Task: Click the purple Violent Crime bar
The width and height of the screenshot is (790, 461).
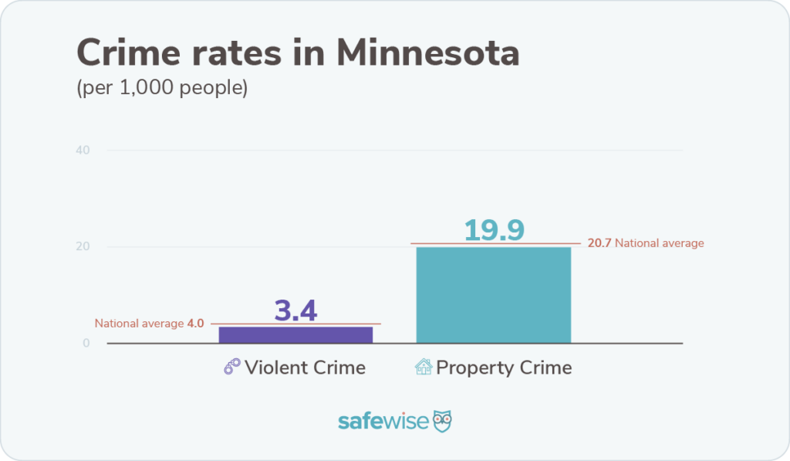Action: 295,334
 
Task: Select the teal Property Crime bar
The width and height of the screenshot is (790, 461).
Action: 493,294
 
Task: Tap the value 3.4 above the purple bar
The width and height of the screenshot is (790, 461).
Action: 295,310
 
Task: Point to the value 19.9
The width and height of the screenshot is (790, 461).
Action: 494,229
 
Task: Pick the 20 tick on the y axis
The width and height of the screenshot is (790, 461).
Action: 83,247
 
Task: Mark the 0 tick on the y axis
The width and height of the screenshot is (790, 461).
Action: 86,344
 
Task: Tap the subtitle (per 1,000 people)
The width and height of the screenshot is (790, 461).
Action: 162,88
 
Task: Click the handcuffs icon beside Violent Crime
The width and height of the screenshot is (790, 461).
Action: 231,368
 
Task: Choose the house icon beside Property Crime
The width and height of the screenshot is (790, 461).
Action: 424,368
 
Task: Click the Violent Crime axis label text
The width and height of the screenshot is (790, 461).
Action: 305,368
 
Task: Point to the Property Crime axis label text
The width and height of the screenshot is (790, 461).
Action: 504,368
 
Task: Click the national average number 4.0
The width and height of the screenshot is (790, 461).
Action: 195,324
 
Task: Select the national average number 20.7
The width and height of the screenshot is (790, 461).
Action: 599,243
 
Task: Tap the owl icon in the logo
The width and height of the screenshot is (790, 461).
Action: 442,422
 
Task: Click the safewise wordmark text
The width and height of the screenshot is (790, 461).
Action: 383,422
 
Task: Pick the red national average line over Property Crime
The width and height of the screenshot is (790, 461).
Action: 432,244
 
